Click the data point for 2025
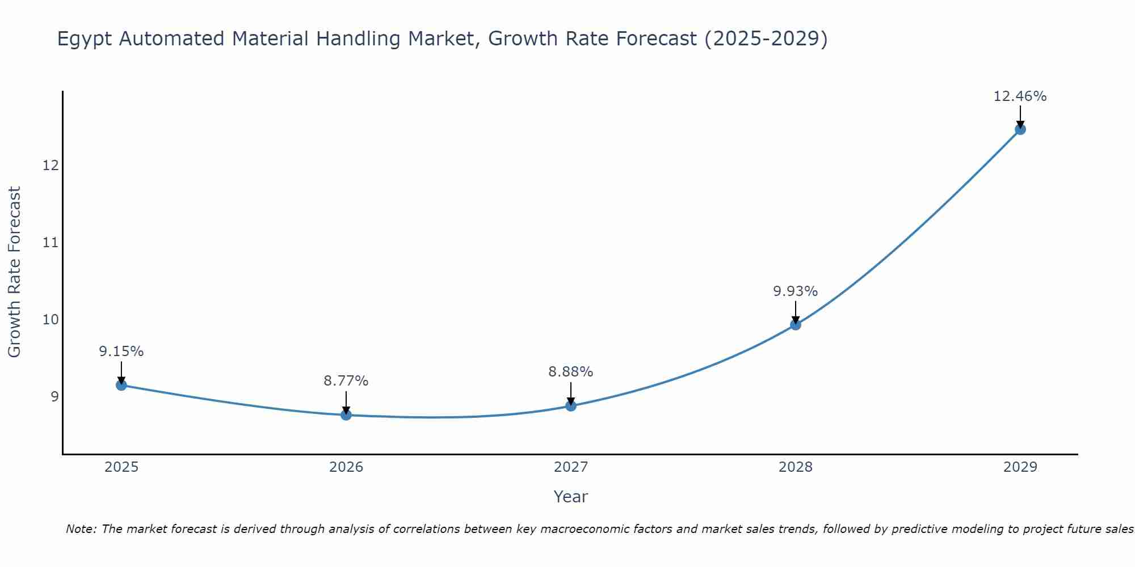121,385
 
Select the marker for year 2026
346,414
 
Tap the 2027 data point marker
570,405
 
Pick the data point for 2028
795,324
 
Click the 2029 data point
1020,129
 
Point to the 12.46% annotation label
1020,96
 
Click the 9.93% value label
795,291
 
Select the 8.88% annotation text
570,372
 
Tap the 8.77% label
346,381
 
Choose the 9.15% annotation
121,352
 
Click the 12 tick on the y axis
51,166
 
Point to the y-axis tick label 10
51,319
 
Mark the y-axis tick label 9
54,396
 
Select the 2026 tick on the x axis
346,467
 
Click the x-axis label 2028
795,467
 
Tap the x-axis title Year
570,497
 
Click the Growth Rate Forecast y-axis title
15,272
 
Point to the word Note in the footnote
81,529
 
